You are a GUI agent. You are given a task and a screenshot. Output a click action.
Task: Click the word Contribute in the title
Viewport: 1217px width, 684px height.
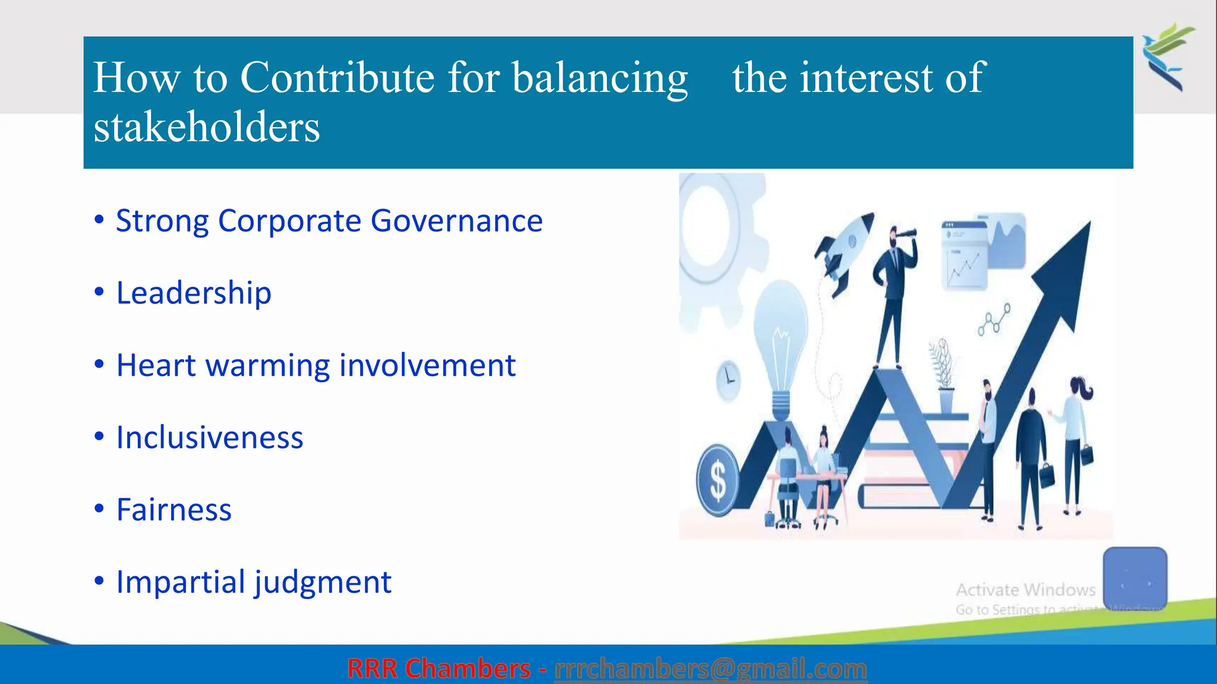[x=337, y=77]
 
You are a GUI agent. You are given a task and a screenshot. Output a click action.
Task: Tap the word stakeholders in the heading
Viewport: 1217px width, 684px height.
[x=206, y=127]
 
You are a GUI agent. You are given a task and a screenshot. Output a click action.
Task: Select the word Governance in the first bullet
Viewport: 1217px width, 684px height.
[x=456, y=221]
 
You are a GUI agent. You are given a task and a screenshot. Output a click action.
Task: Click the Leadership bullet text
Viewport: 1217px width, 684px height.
[x=194, y=293]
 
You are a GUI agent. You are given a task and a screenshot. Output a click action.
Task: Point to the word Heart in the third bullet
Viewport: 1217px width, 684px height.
[x=156, y=365]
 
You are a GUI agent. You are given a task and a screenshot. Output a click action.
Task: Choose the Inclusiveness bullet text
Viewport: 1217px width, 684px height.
[x=209, y=438]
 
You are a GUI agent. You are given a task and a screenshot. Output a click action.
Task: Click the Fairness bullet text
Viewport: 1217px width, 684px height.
[x=174, y=510]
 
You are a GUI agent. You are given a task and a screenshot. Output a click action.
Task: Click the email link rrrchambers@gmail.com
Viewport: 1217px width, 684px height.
[x=710, y=669]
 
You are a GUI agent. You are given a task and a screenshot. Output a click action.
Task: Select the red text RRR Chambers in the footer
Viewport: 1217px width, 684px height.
[x=439, y=669]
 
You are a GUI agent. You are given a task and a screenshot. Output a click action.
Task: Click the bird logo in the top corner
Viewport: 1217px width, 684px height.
[x=1167, y=56]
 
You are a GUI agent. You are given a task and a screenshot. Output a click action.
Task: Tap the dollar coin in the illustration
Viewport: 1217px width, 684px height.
[x=718, y=480]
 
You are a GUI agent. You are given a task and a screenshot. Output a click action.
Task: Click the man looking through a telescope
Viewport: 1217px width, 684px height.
[x=895, y=291]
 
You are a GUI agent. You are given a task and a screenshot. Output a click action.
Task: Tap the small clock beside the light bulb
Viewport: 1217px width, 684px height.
[x=728, y=379]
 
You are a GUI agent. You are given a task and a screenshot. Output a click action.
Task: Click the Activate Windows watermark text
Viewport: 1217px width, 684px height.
[x=1025, y=590]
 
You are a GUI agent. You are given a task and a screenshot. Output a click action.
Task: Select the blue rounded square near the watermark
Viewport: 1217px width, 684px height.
[x=1134, y=577]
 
